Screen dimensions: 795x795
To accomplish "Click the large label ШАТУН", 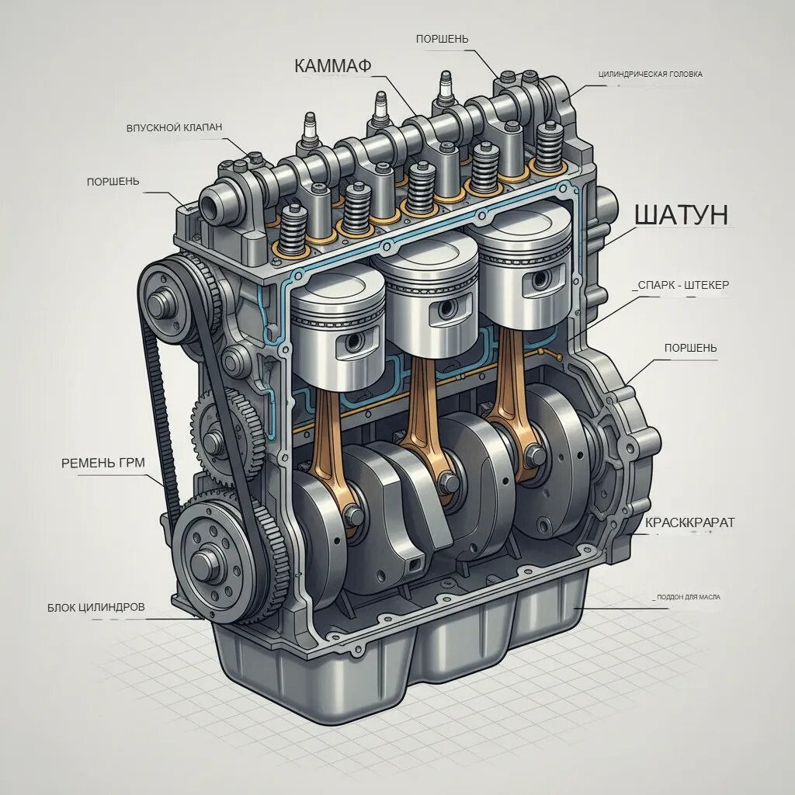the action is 682,215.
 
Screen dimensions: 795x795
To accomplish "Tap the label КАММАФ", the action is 332,66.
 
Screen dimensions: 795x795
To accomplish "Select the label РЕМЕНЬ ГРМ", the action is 103,463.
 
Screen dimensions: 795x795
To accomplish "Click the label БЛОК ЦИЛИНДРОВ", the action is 96,607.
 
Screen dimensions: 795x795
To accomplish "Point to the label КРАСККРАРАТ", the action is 689,522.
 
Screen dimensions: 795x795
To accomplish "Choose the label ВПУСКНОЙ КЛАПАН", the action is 174,127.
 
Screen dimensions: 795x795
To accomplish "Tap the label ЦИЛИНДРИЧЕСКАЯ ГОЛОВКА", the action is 651,74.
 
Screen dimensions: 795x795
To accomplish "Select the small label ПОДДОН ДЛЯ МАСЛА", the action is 689,597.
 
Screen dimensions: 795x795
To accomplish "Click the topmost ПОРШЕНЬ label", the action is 442,39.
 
